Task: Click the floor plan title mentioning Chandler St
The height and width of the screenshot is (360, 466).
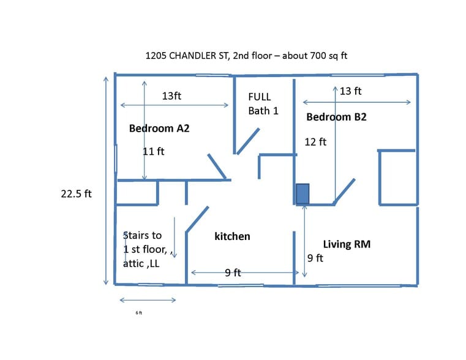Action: (x=246, y=56)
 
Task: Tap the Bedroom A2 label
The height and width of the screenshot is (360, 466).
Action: (x=159, y=129)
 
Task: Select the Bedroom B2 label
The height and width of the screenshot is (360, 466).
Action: (x=336, y=117)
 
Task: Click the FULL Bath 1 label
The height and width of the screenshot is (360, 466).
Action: (x=263, y=103)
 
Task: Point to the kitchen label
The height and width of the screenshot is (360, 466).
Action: (x=232, y=236)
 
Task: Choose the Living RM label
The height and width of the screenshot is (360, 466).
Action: (x=347, y=244)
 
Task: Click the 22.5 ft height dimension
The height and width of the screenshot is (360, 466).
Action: (x=76, y=193)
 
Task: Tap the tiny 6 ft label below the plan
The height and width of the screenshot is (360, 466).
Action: (x=139, y=313)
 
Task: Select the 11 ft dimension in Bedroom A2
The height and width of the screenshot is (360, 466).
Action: (x=154, y=151)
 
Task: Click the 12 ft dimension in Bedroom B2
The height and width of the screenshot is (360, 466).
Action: (x=315, y=142)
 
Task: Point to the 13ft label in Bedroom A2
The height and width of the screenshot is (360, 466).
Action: (x=171, y=96)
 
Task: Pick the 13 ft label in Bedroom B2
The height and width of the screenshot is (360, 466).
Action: (x=350, y=91)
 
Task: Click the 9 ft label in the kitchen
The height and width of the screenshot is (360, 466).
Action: (x=233, y=272)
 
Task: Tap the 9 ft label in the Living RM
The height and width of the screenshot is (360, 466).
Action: (x=315, y=258)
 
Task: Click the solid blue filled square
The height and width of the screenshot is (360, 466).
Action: (x=303, y=194)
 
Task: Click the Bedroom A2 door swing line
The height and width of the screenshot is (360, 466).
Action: (x=217, y=167)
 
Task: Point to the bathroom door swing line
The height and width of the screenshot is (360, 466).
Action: (x=248, y=141)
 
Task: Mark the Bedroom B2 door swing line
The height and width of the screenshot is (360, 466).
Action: (x=344, y=192)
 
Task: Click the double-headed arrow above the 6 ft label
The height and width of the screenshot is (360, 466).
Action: (x=148, y=300)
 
